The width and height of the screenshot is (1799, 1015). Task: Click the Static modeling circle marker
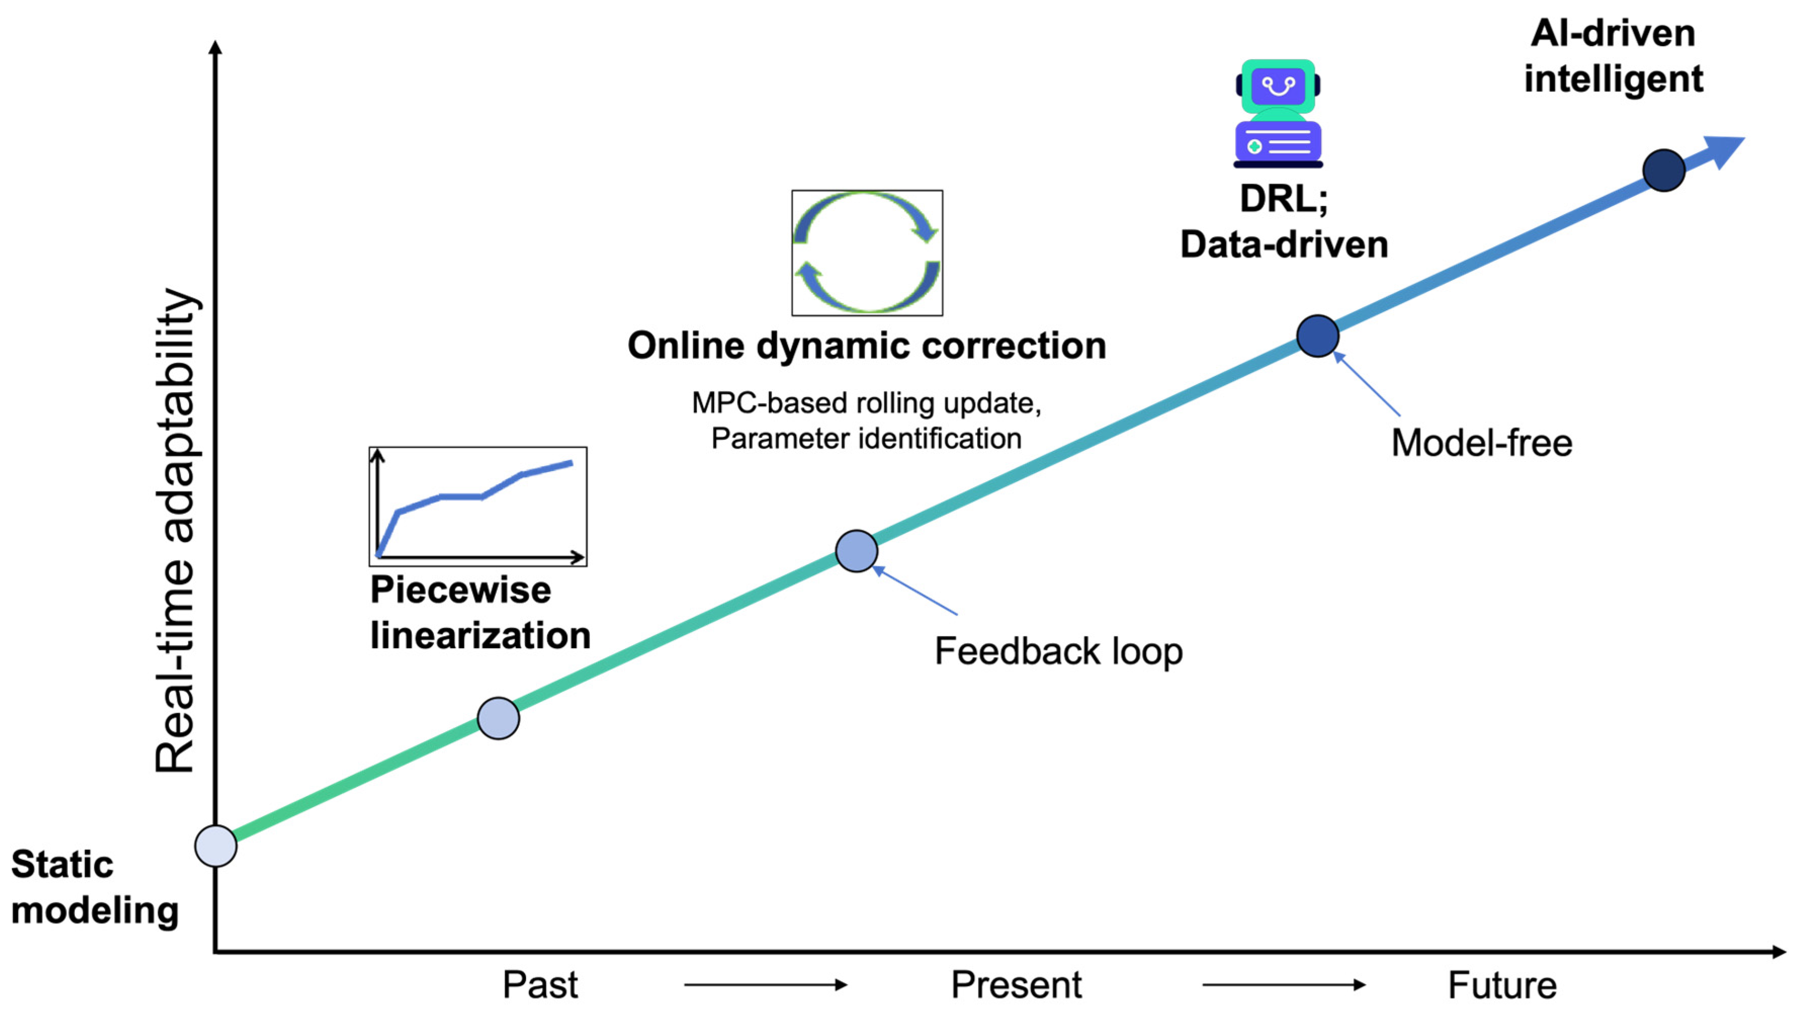216,845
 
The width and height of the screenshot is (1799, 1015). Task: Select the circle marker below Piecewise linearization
498,718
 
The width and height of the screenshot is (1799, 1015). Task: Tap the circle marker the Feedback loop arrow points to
856,551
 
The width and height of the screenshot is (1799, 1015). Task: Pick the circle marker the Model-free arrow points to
1318,336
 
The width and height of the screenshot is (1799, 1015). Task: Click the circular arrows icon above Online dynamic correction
867,253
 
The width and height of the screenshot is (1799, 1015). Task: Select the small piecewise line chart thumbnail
477,506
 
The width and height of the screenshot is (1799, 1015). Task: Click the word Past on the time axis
540,985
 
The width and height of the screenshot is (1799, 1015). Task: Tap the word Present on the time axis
1016,985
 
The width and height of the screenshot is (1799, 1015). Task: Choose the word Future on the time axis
1502,985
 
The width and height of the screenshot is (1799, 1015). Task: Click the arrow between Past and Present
765,985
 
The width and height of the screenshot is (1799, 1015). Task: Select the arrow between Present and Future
1284,985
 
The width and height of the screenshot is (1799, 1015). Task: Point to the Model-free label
1481,443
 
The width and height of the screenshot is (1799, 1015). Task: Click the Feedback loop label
1059,651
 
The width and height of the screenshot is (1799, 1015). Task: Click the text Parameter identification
866,439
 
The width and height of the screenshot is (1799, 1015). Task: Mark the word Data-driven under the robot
1284,244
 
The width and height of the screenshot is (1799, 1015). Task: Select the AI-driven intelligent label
1613,56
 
